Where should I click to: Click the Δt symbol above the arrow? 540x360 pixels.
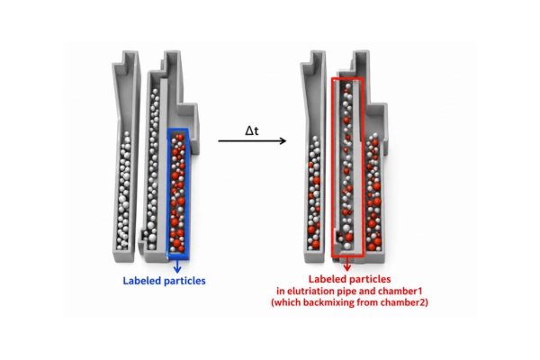tap(252, 130)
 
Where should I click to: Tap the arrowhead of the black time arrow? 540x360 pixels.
tap(283, 140)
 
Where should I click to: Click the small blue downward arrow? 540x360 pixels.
tap(177, 265)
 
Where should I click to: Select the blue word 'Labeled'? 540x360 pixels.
tap(141, 281)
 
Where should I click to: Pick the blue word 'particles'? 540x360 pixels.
tap(184, 281)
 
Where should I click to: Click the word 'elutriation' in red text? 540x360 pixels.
tap(312, 291)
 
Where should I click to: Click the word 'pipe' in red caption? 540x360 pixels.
tap(347, 292)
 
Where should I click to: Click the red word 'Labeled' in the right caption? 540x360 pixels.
tap(328, 279)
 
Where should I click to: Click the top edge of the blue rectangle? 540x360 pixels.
tap(177, 130)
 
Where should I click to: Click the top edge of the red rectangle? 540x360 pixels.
tap(347, 79)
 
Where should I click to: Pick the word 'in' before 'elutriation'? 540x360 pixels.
tap(280, 291)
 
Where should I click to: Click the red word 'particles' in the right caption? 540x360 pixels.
tap(370, 279)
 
